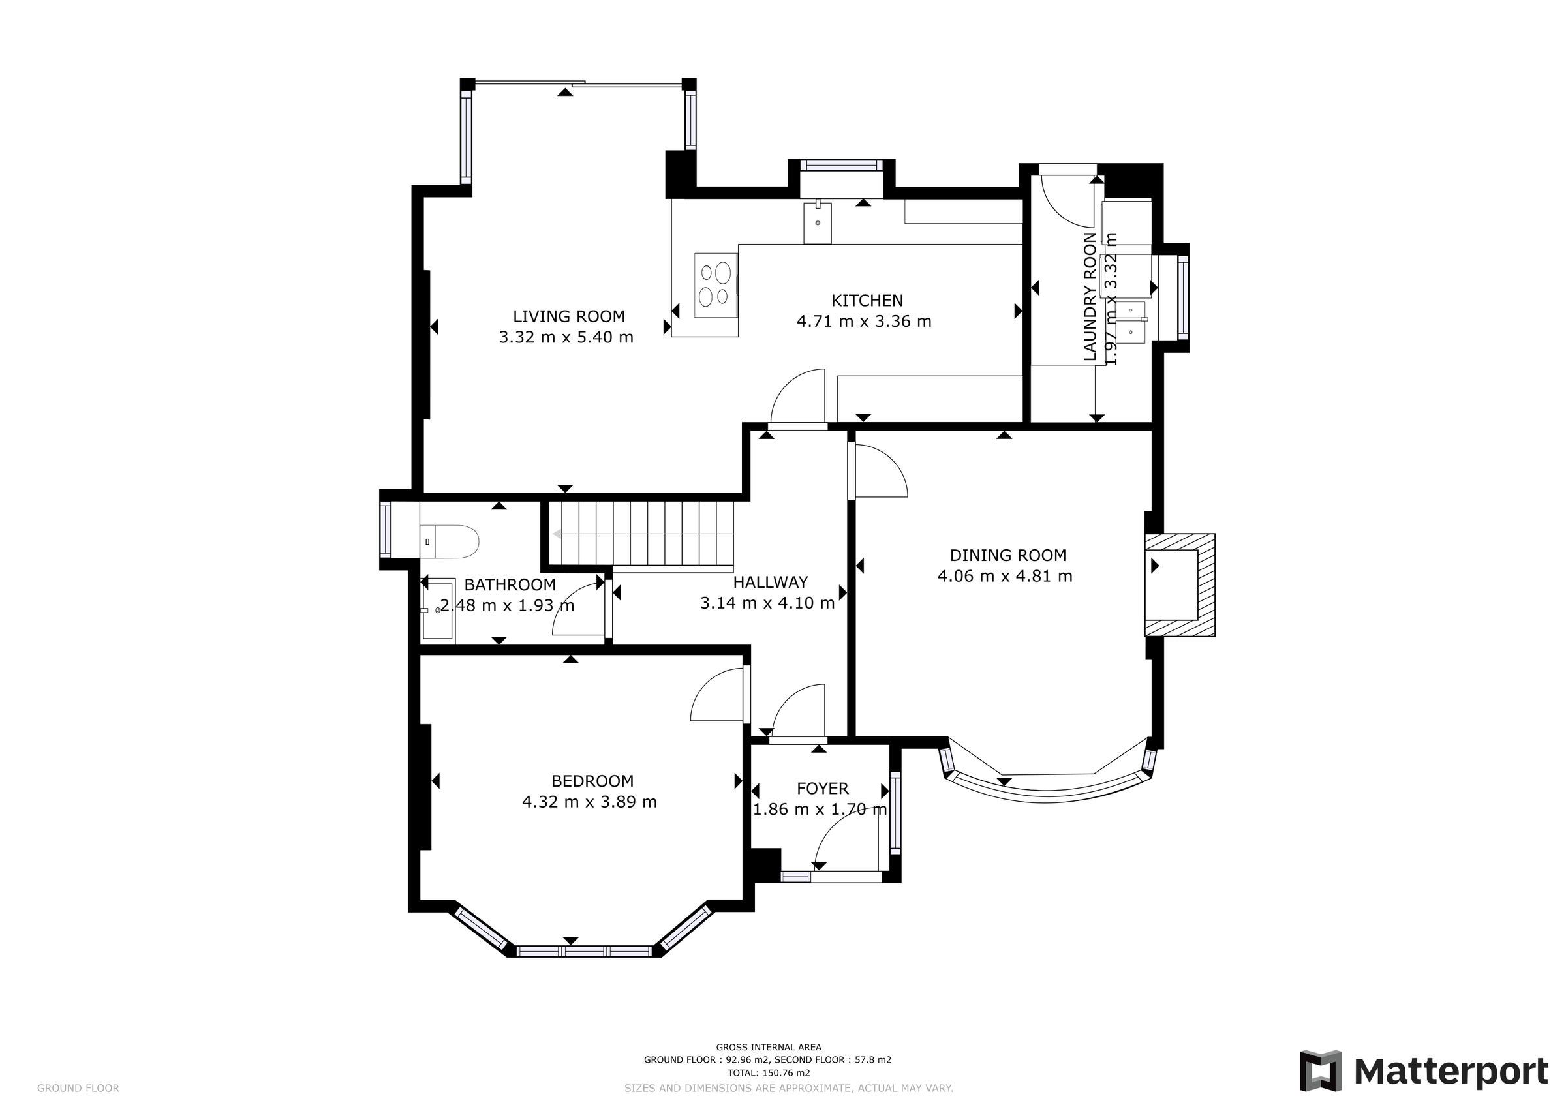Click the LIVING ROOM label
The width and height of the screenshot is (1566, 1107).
(x=568, y=316)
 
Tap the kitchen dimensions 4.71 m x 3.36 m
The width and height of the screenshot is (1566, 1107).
(x=863, y=321)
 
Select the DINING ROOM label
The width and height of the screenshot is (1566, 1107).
(x=1007, y=555)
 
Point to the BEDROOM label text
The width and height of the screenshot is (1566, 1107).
(x=592, y=781)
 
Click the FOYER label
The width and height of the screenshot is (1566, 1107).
(x=823, y=789)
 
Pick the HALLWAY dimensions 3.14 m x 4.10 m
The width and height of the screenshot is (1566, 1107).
(x=767, y=603)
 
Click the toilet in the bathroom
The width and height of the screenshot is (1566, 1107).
(x=450, y=541)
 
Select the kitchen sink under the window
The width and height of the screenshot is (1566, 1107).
(x=817, y=222)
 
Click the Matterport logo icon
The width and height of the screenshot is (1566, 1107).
(x=1320, y=1071)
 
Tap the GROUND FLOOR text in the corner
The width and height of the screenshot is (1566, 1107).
(x=78, y=1089)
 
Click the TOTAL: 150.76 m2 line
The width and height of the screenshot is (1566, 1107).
(x=768, y=1073)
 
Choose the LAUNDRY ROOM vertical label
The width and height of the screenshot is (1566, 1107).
(x=1090, y=297)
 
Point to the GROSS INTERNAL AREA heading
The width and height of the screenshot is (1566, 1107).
(x=768, y=1047)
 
